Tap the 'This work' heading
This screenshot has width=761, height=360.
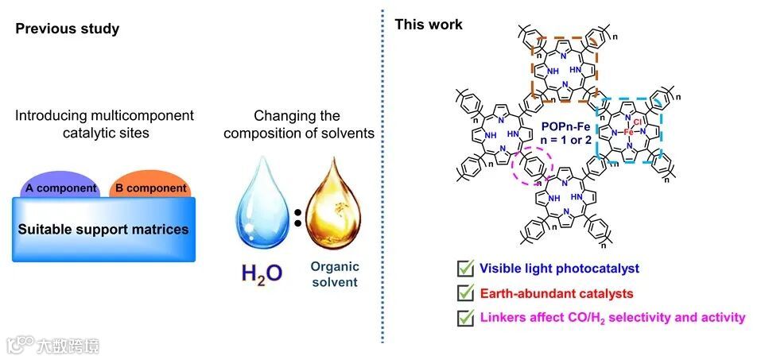click(429, 25)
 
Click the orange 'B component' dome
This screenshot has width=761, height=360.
click(149, 183)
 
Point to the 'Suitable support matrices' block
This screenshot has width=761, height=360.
click(103, 230)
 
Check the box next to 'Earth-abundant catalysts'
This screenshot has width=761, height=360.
click(464, 293)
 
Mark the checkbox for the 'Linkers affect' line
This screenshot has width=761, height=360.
click(464, 318)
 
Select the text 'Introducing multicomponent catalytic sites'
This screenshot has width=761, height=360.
click(104, 123)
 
